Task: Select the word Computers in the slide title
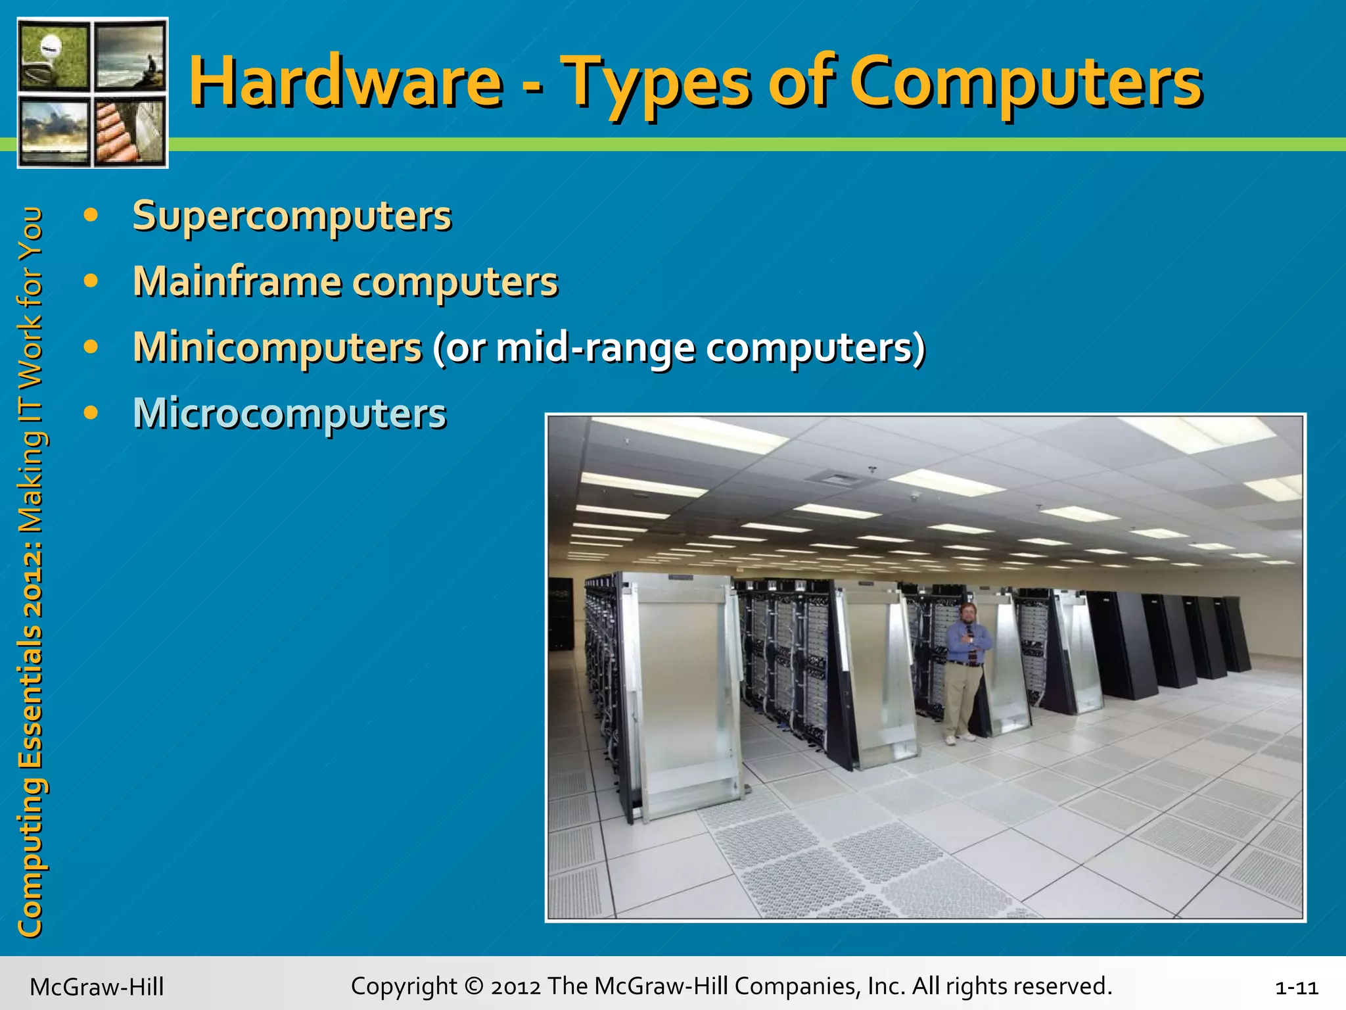(x=1025, y=82)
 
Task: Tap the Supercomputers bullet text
(x=292, y=216)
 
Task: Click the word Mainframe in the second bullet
(x=237, y=281)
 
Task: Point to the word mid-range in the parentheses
(x=595, y=347)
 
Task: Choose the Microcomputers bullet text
(x=289, y=413)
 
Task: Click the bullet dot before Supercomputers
(x=91, y=215)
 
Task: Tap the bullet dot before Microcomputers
(x=91, y=413)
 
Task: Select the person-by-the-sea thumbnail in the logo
(x=130, y=55)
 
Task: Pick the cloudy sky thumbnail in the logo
(x=54, y=132)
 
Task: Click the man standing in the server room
(x=963, y=671)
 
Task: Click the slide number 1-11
(x=1296, y=988)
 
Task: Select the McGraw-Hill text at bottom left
(x=97, y=987)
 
